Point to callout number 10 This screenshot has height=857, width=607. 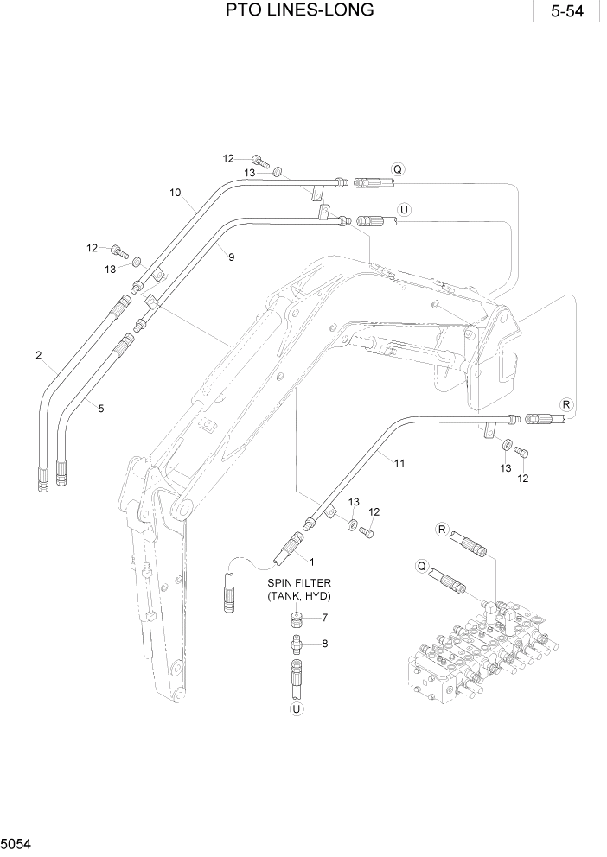pyautogui.click(x=176, y=193)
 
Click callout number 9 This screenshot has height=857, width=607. pyautogui.click(x=232, y=256)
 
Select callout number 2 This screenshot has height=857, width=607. pyautogui.click(x=39, y=355)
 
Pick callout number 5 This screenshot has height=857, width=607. pyautogui.click(x=101, y=408)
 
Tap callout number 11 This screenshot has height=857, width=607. pyautogui.click(x=399, y=462)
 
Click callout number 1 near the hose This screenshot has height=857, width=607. pyautogui.click(x=311, y=562)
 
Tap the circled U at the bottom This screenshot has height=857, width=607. pyautogui.click(x=297, y=708)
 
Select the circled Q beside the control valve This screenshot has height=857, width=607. pyautogui.click(x=423, y=565)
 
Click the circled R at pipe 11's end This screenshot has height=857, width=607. pyautogui.click(x=566, y=403)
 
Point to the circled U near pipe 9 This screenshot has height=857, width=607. pyautogui.click(x=403, y=208)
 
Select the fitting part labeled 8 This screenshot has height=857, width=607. pyautogui.click(x=297, y=644)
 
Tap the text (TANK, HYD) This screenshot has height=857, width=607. pyautogui.click(x=299, y=596)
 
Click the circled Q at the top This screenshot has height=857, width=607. pyautogui.click(x=397, y=169)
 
